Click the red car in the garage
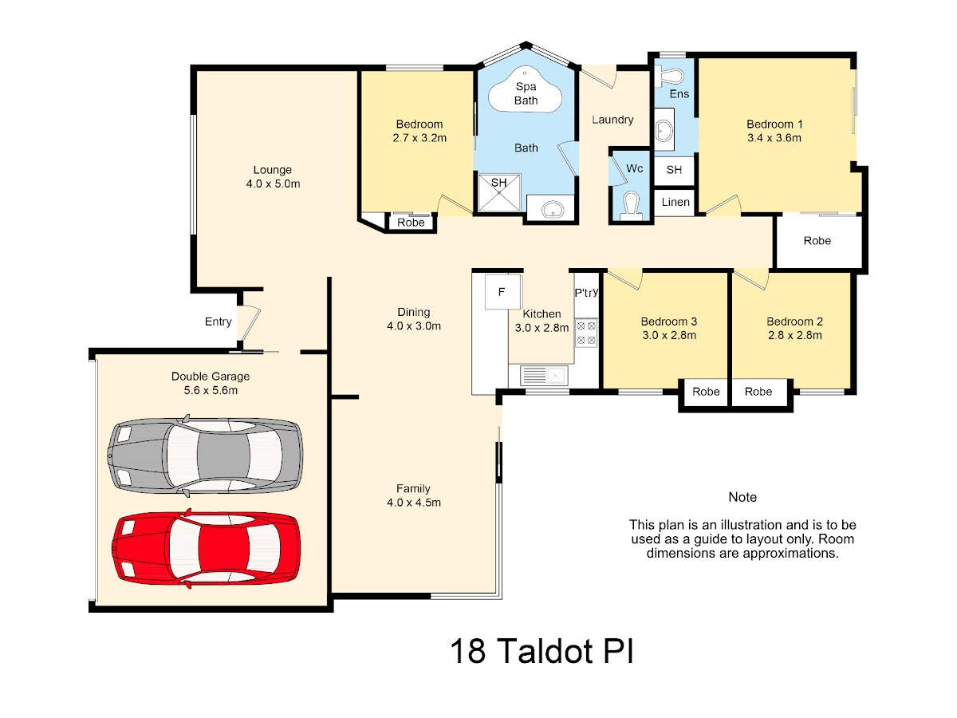click(x=206, y=548)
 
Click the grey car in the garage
click(x=205, y=456)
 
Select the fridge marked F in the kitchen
click(x=503, y=292)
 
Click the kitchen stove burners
click(x=586, y=333)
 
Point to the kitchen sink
click(x=544, y=375)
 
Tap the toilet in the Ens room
click(x=670, y=77)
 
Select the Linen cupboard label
click(x=675, y=202)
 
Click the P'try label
click(x=586, y=293)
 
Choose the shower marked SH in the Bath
click(x=499, y=193)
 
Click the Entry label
click(x=218, y=322)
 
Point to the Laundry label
click(x=612, y=120)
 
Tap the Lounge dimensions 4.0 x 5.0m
click(x=273, y=184)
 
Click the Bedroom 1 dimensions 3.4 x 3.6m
click(x=774, y=138)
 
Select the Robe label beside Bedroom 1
click(x=817, y=241)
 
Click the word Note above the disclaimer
click(x=742, y=497)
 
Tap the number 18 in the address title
click(x=468, y=651)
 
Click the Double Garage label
click(x=211, y=377)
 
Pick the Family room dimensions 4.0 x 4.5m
click(x=414, y=503)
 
